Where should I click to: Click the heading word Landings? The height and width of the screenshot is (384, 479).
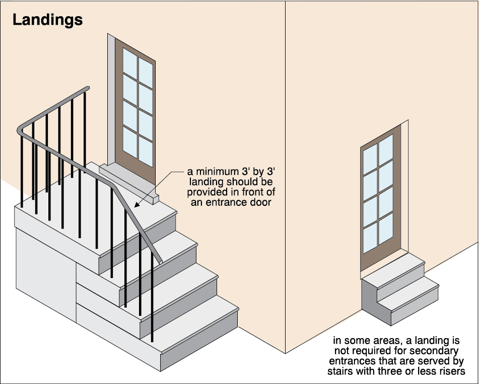[x=47, y=20]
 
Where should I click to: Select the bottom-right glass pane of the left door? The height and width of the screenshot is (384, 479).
[x=146, y=151]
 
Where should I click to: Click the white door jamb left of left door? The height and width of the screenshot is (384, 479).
[x=111, y=101]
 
